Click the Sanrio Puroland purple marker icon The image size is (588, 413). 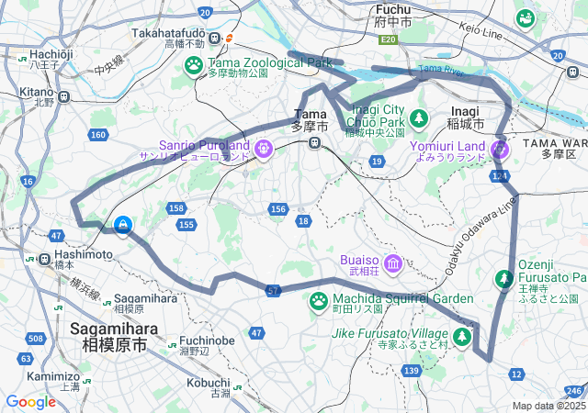pos(264,147)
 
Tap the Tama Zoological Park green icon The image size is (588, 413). pos(194,64)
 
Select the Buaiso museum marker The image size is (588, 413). pos(393,264)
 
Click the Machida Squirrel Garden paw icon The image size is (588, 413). pos(319,300)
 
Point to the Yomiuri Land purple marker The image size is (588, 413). pos(500,148)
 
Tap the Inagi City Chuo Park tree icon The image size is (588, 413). pos(419,117)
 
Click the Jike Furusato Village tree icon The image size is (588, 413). pos(462,338)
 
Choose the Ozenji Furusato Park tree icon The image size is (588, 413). pos(504,277)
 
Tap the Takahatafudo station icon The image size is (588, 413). pos(214,38)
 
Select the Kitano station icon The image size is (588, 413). pos(63,95)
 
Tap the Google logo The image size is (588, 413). pos(30,401)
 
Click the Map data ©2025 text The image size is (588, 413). pos(548,406)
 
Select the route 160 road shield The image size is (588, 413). pos(97,136)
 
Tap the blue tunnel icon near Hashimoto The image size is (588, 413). pos(123,223)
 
